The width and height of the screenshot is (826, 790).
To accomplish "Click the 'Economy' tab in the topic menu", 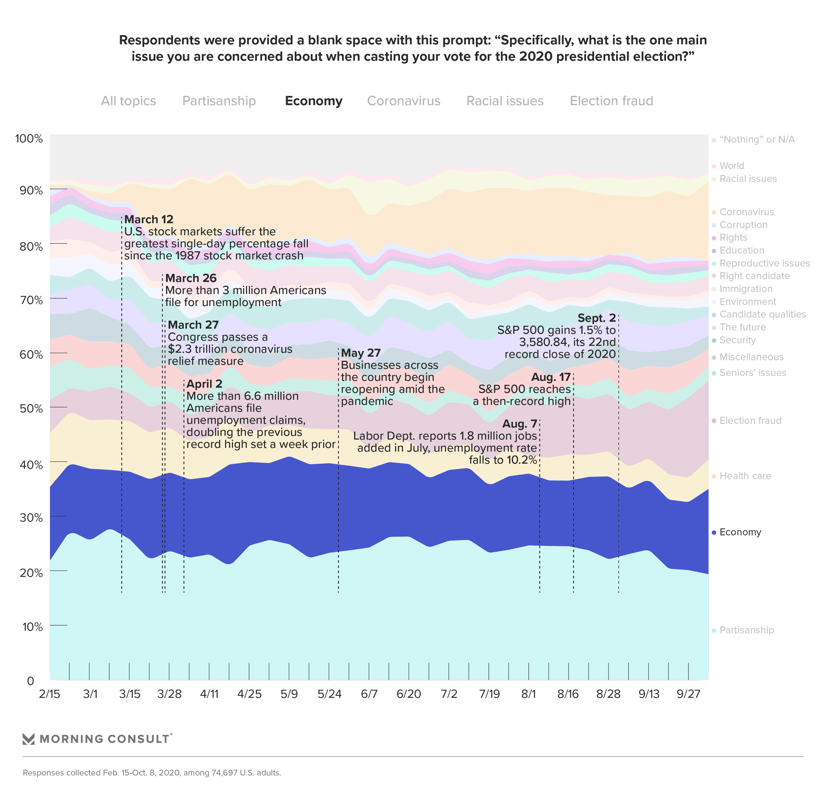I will tap(314, 101).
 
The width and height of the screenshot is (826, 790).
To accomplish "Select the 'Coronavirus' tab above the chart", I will tap(404, 101).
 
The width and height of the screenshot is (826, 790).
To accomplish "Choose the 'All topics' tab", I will tap(128, 101).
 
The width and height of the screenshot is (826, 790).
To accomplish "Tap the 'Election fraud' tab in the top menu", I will tap(611, 101).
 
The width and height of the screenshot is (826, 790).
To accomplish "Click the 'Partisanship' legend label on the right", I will tap(746, 630).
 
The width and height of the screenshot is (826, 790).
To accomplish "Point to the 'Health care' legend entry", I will tap(745, 476).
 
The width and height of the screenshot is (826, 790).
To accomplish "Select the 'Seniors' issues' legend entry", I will tap(752, 373).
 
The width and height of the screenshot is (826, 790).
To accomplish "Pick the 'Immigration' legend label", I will tap(746, 289).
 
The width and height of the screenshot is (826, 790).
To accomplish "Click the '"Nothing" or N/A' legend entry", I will tap(757, 140).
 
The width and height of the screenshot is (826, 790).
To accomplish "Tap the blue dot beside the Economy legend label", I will tap(714, 532).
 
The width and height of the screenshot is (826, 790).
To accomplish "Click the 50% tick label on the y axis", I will tap(31, 408).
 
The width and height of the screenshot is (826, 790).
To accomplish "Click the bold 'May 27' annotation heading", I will tap(361, 353).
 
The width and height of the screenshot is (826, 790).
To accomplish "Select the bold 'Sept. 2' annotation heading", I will tap(596, 318).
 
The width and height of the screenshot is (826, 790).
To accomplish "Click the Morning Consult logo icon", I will tap(28, 739).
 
